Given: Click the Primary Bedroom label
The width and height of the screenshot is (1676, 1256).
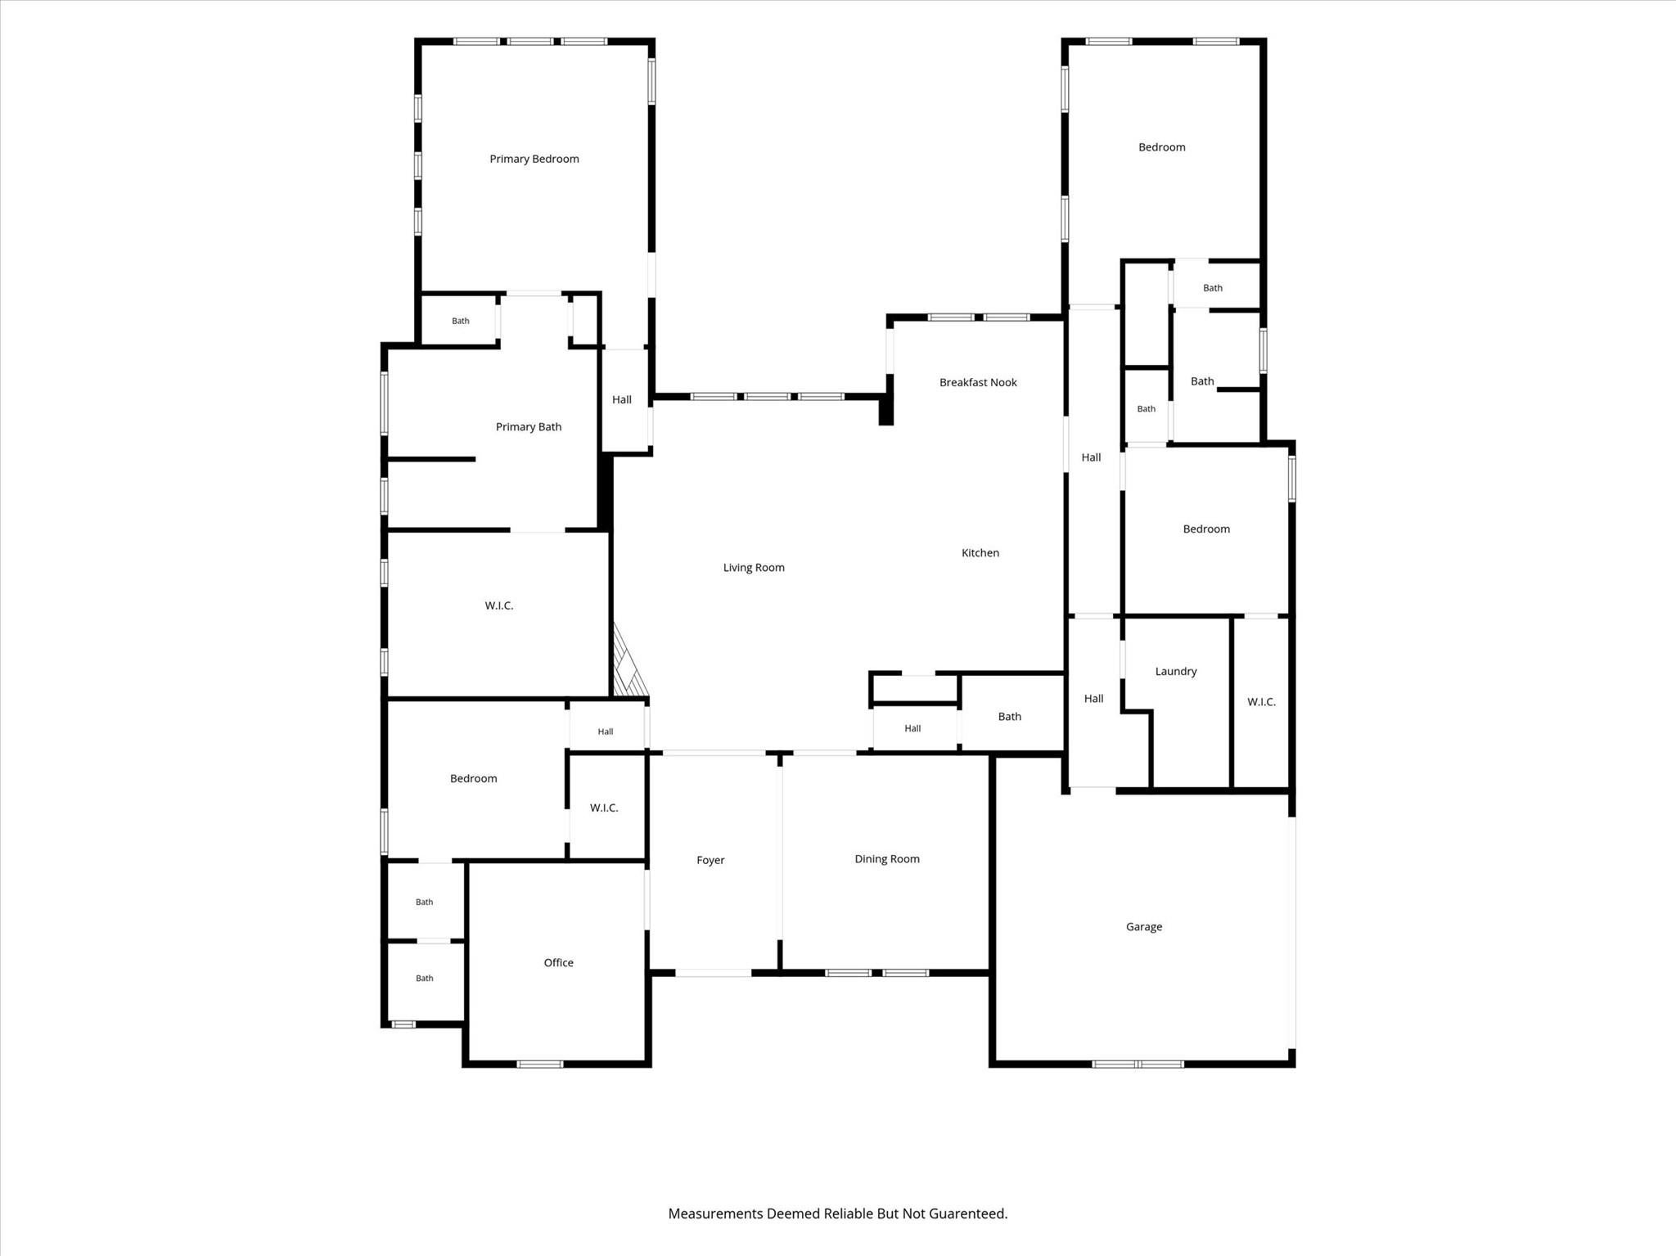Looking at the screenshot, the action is click(534, 159).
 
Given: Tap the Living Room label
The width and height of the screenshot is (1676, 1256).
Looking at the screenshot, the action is click(754, 567).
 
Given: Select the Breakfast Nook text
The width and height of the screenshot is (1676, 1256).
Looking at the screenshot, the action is click(978, 382).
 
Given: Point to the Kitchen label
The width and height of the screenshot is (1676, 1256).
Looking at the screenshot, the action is click(980, 553).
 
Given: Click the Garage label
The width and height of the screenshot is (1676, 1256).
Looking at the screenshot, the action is click(1144, 927).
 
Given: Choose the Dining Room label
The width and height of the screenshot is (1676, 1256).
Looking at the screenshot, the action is click(887, 859).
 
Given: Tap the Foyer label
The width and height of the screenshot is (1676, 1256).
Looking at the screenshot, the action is click(710, 860).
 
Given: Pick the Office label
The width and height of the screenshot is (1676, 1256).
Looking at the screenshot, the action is click(559, 963).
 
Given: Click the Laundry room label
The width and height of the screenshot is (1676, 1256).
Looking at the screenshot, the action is click(1176, 671).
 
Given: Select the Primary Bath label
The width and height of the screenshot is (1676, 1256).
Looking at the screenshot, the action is click(529, 426).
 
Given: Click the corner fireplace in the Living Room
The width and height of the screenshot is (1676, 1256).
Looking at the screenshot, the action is click(628, 661).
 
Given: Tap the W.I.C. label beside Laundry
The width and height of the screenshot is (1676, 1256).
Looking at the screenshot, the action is click(1261, 702).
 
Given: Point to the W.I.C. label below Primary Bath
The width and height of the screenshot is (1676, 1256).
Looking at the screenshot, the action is click(499, 605).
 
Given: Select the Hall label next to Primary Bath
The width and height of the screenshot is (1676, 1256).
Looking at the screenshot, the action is click(622, 400).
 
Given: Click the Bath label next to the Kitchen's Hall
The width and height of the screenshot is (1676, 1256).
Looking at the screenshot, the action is click(1010, 717).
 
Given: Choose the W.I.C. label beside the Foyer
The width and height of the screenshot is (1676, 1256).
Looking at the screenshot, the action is click(604, 808).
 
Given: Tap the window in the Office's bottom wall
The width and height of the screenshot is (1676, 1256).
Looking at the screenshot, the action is click(540, 1064).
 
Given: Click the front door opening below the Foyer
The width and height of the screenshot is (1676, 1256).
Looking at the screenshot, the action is click(714, 973).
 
